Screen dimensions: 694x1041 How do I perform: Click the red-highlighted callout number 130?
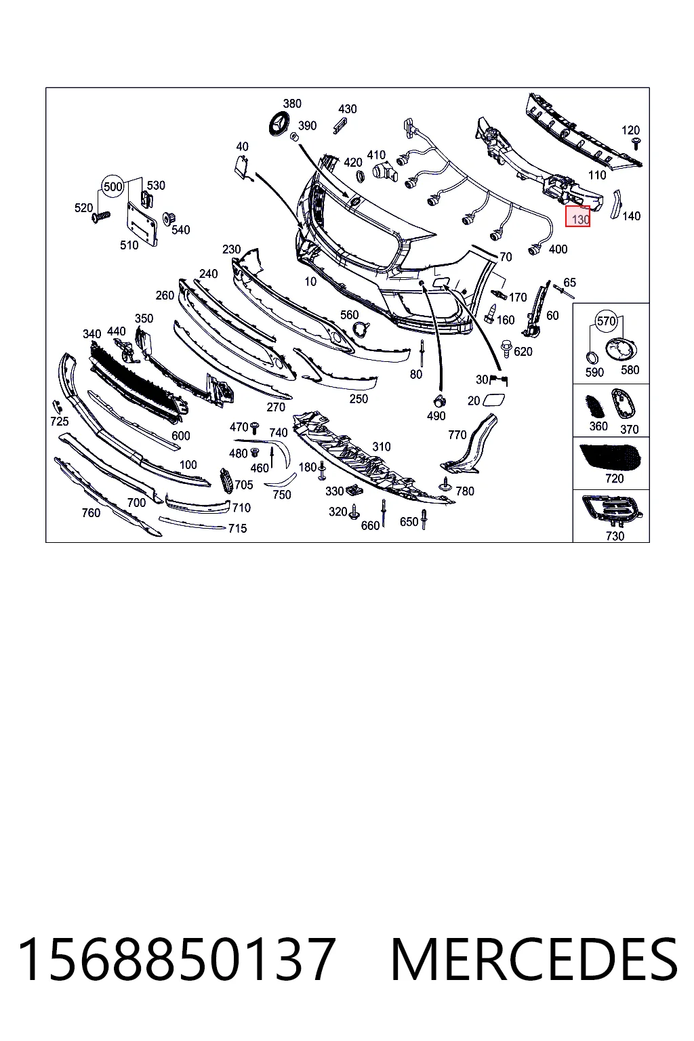click(x=579, y=219)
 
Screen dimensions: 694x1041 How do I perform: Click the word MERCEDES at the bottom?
click(x=534, y=959)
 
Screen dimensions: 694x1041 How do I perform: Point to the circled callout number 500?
click(x=113, y=187)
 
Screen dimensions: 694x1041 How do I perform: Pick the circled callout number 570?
click(x=606, y=321)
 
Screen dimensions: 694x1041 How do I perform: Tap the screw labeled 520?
click(x=101, y=216)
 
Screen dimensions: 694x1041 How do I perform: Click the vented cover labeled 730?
click(x=612, y=511)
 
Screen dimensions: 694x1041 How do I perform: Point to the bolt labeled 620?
click(x=506, y=349)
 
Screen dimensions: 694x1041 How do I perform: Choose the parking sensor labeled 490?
click(x=439, y=401)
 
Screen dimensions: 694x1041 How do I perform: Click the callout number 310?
click(x=381, y=447)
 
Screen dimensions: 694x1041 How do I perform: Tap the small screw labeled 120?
click(x=636, y=143)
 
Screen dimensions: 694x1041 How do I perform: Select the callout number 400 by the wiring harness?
click(x=558, y=249)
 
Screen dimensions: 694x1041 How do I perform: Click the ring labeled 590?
click(x=592, y=358)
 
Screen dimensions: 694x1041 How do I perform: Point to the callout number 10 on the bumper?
click(x=310, y=281)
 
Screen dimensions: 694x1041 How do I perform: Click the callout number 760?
click(x=91, y=513)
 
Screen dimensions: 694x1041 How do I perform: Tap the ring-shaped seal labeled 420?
click(x=359, y=177)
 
